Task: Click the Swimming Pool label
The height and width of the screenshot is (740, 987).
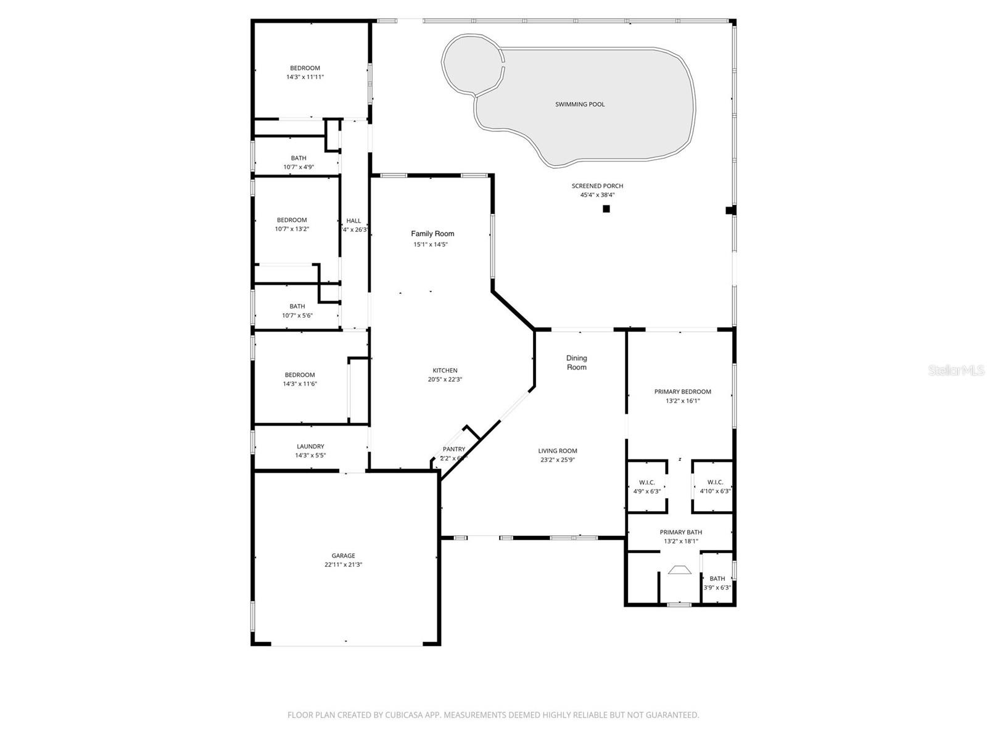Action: pos(580,104)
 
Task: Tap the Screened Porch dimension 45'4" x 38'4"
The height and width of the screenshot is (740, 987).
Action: pos(597,195)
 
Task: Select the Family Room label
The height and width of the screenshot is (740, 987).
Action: pos(432,234)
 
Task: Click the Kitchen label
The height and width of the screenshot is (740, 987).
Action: pos(445,371)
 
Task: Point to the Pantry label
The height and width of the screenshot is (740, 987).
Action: pos(453,450)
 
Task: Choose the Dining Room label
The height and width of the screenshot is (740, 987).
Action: pos(577,363)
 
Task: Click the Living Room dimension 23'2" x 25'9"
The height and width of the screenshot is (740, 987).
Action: pos(558,460)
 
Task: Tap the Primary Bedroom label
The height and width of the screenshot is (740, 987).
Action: pos(682,392)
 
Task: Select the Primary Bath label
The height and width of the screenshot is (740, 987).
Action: pos(680,532)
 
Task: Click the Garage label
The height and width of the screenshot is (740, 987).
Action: pos(343,556)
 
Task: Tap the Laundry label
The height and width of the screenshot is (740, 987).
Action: pos(310,446)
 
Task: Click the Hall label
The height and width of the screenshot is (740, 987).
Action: pos(353,221)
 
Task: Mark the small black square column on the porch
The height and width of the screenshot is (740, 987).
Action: pos(606,209)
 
